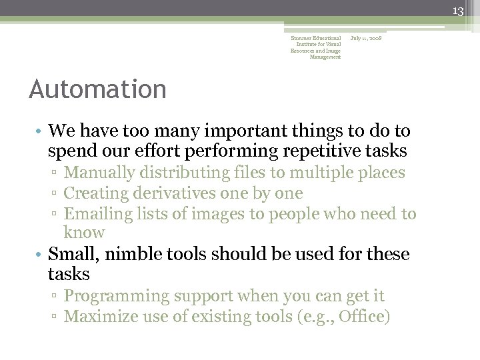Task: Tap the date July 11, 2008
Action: click(x=366, y=39)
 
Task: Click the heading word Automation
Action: click(x=98, y=89)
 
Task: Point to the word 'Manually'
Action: click(x=97, y=173)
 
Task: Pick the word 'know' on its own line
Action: click(x=84, y=233)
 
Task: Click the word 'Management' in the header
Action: click(x=325, y=57)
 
